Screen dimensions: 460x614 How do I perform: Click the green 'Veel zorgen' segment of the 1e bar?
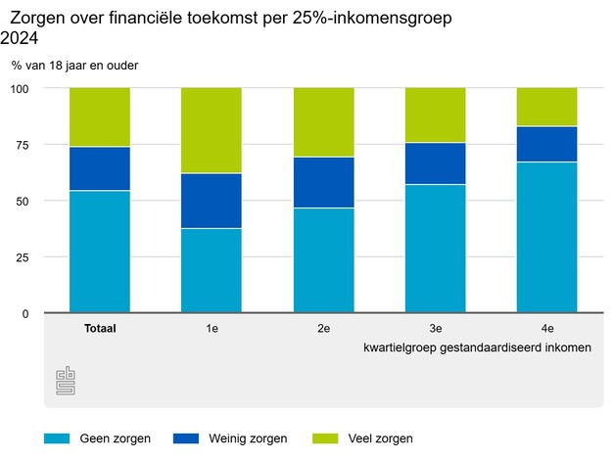[212, 130]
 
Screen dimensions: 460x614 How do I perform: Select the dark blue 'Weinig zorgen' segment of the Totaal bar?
[99, 168]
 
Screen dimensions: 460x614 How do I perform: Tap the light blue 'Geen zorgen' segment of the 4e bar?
[547, 238]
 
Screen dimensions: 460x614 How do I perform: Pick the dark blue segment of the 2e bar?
[323, 182]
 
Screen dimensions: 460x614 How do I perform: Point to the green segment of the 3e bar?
[436, 115]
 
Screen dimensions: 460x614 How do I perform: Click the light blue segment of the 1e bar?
[212, 270]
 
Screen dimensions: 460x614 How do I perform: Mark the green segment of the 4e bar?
[547, 107]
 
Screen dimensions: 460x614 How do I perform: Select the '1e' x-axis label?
[212, 329]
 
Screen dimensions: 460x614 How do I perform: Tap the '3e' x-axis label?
[436, 329]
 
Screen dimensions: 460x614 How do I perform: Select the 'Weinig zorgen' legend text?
[244, 438]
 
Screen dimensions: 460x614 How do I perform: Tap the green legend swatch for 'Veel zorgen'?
[327, 438]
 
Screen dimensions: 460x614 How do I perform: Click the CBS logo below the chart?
[66, 382]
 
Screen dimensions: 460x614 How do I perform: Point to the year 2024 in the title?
[22, 38]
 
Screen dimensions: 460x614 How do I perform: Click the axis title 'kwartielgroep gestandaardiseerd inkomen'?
[476, 347]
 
